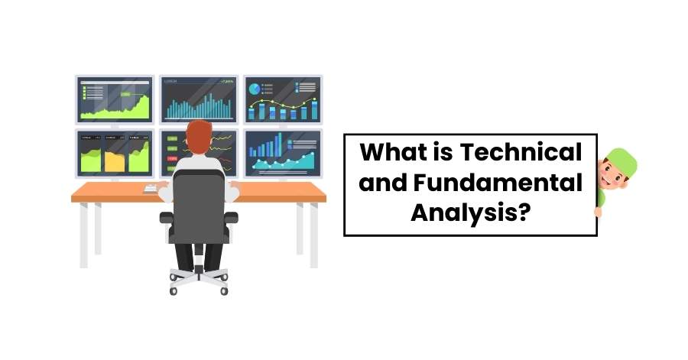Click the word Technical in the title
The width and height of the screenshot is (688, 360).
tap(521, 152)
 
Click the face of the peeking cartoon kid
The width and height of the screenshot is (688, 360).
tap(611, 175)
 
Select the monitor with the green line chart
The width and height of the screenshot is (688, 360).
tap(115, 99)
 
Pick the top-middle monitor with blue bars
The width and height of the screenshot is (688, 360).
tap(199, 99)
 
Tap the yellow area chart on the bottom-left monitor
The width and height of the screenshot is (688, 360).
tap(115, 160)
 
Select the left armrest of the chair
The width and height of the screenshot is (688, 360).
tap(166, 217)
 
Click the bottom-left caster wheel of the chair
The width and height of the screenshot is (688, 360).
tap(173, 290)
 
